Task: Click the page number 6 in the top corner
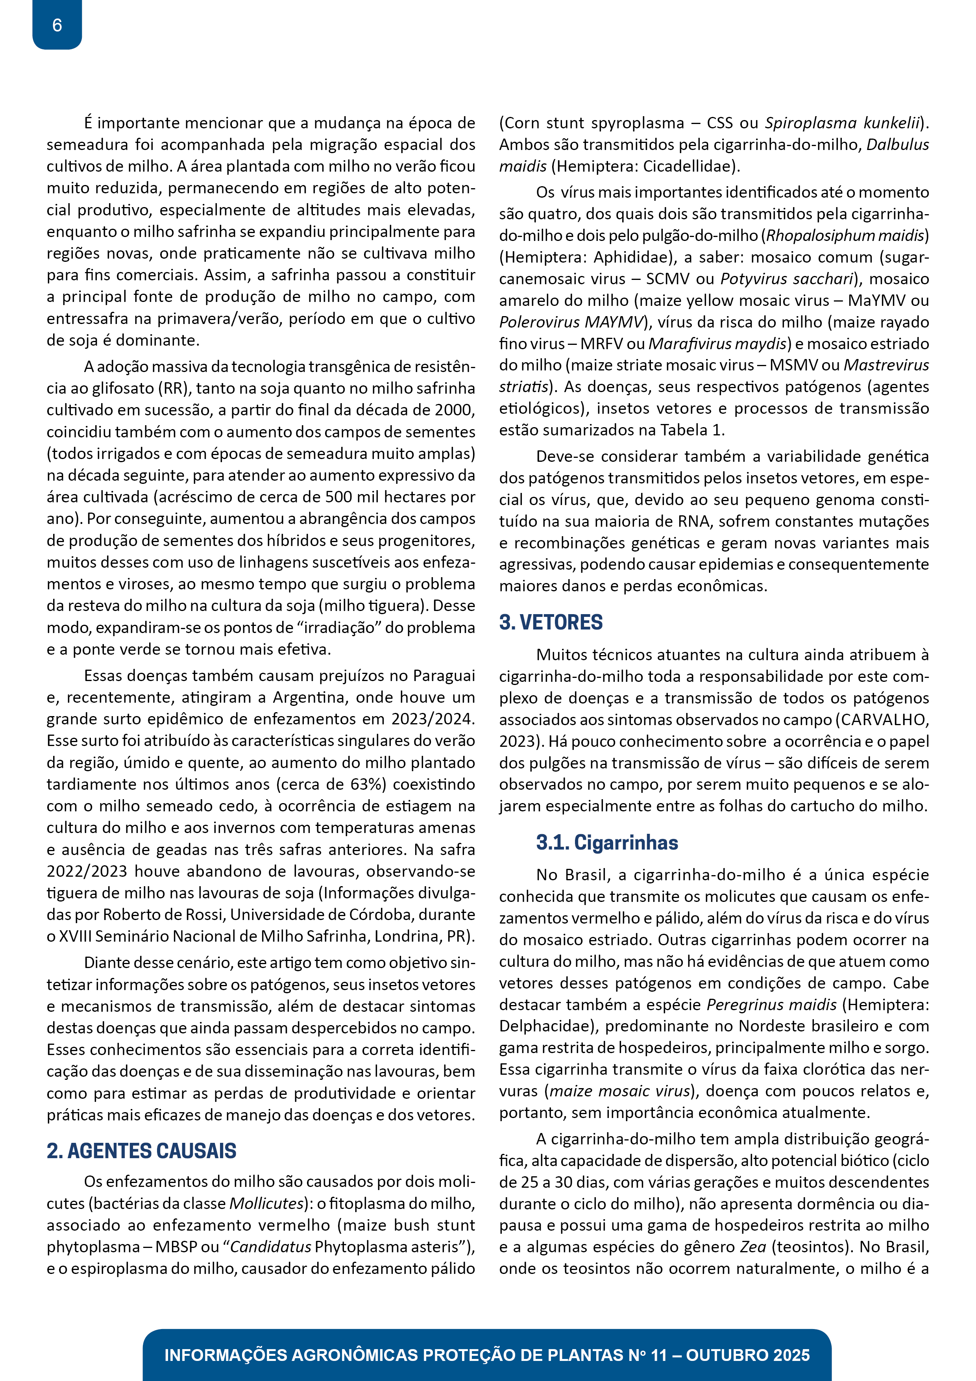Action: [x=57, y=25]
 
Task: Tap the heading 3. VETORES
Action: [x=551, y=622]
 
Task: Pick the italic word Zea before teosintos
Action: [x=752, y=1247]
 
